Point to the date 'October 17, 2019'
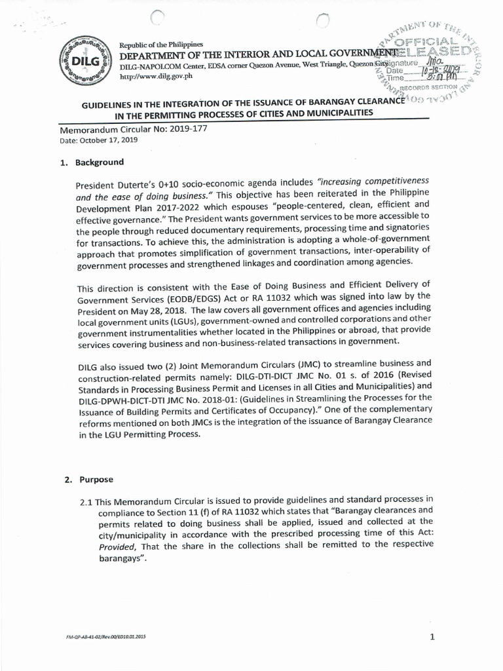[105, 140]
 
